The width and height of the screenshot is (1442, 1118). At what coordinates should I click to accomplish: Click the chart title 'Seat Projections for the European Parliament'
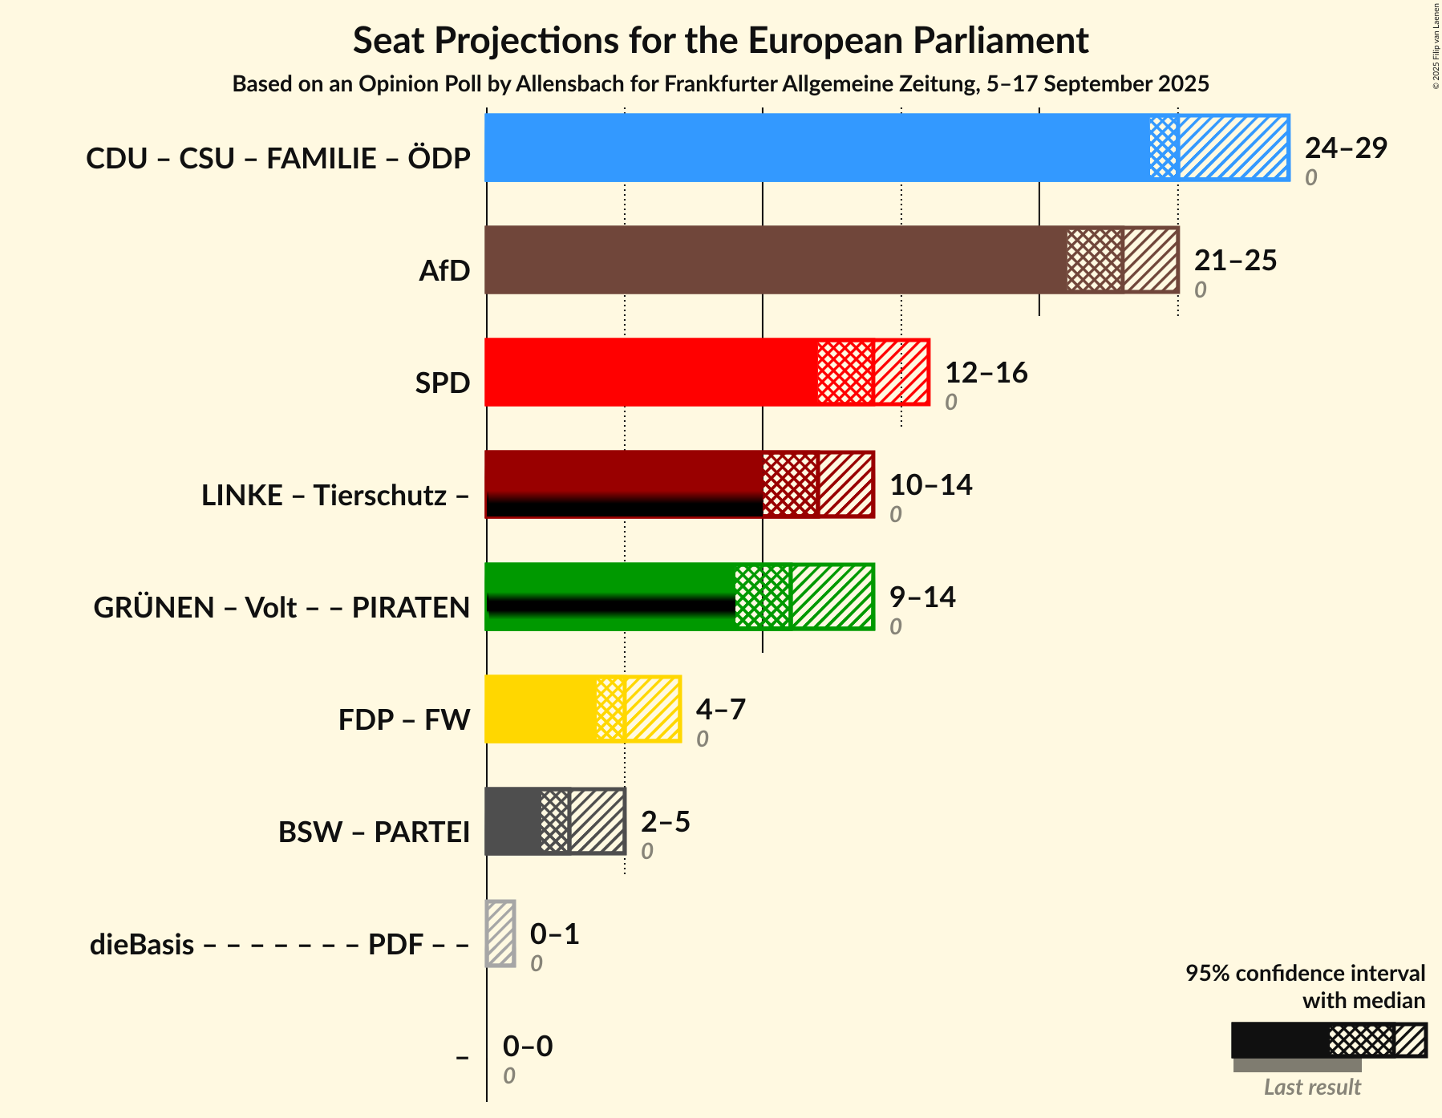pos(720,40)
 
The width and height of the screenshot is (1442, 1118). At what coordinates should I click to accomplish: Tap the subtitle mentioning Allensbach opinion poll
pos(720,84)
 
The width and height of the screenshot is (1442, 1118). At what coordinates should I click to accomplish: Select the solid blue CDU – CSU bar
pos(817,148)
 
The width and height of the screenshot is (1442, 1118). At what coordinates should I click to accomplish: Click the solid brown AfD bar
pos(776,260)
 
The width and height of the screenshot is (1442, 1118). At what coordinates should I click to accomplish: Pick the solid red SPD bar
pos(651,372)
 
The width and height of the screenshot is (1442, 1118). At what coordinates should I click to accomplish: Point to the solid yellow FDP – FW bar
pos(541,709)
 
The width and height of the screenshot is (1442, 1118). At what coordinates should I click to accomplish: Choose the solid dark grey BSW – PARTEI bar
pos(512,821)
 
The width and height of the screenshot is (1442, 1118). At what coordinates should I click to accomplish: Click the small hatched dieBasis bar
pos(500,934)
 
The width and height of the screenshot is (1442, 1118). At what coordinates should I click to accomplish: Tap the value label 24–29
pos(1346,148)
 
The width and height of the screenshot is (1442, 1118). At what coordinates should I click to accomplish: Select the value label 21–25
pos(1235,260)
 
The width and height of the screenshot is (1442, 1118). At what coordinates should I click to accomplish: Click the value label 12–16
pos(986,372)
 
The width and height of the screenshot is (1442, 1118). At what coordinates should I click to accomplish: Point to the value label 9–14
pos(922,597)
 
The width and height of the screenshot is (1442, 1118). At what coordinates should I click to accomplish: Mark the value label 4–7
pos(721,709)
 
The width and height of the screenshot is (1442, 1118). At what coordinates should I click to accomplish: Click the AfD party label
pos(444,271)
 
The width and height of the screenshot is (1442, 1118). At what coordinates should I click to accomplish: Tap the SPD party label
pos(443,383)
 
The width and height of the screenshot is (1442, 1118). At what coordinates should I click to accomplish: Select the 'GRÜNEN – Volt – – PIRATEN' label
pos(282,607)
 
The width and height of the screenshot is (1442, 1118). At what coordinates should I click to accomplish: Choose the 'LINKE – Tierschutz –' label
pos(335,496)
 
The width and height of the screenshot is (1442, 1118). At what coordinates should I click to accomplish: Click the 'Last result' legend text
pos(1312,1087)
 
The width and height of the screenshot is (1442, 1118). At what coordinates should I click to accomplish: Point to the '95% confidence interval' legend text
pos(1306,974)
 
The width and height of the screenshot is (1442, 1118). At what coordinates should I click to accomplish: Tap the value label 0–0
pos(528,1046)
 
